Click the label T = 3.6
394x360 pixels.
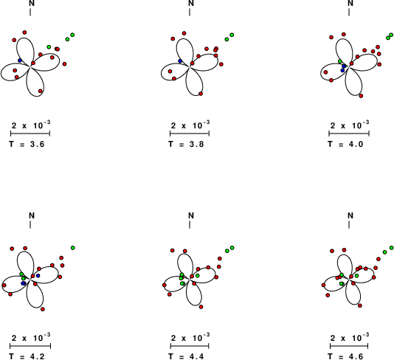[27, 144]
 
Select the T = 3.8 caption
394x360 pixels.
[186, 144]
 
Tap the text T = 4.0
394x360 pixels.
[345, 144]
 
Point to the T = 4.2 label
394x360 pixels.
[27, 356]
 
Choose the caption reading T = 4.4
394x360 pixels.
[186, 356]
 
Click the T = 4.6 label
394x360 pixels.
[345, 356]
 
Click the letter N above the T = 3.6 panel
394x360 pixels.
[32, 3]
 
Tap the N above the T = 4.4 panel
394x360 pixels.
[191, 215]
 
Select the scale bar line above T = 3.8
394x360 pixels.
[190, 134]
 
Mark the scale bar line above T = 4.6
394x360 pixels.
[349, 346]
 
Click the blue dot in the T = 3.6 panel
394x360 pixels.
[20, 60]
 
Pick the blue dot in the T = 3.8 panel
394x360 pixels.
[180, 61]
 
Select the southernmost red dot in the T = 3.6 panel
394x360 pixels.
[40, 91]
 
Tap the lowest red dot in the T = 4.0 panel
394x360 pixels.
[361, 96]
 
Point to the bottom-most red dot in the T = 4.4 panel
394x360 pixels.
[201, 307]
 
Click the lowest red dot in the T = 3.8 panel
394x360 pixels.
[201, 94]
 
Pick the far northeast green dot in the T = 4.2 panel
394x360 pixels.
[73, 248]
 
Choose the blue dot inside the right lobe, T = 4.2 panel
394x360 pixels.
[38, 276]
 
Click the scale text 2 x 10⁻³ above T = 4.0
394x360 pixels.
[350, 125]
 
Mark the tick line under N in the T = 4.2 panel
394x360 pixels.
[30, 224]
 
